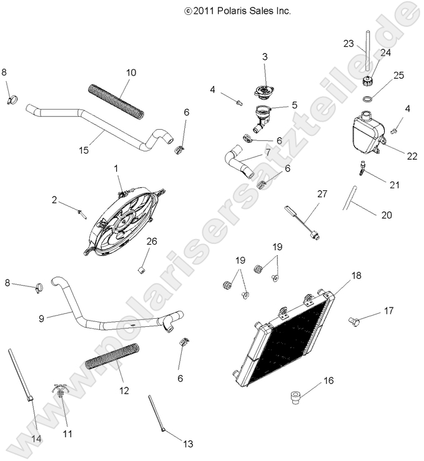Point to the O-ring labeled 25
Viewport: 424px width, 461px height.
coord(370,99)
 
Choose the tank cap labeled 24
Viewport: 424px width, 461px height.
coord(368,80)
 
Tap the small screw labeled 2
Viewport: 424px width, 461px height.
coord(82,212)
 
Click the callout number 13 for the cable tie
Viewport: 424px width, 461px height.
coord(188,444)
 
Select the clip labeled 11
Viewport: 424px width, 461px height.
coord(58,393)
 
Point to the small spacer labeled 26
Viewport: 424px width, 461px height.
coord(141,269)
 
